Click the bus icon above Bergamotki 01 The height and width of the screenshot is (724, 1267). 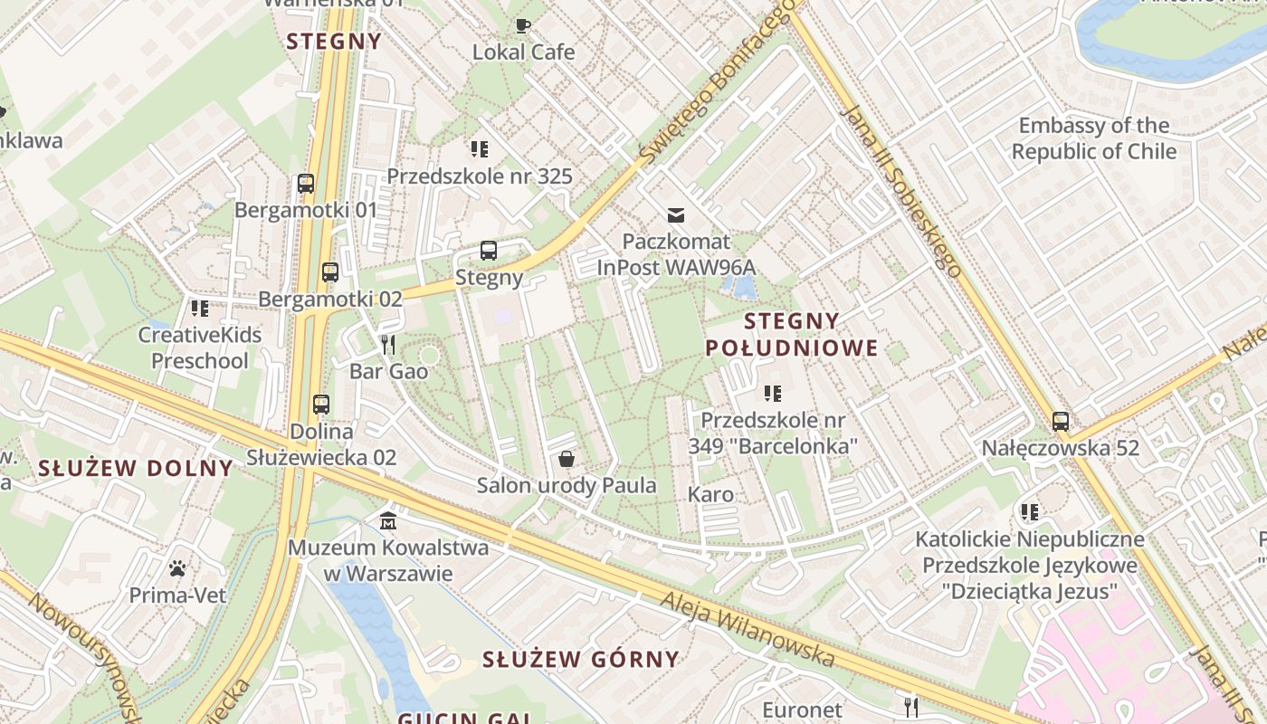coord(306,184)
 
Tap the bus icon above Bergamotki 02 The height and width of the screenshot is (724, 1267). coord(330,272)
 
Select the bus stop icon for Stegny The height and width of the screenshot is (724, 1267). coord(489,251)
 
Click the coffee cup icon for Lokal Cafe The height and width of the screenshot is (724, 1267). coord(523,25)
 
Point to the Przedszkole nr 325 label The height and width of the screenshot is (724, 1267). coord(480,176)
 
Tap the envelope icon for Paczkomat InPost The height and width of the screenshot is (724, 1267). coord(676,215)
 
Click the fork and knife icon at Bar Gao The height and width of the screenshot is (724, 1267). coord(389,345)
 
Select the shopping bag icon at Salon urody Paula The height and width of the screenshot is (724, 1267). coord(567,460)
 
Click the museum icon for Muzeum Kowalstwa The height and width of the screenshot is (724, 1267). coord(389,521)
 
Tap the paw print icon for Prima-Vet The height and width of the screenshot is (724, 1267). coord(177,569)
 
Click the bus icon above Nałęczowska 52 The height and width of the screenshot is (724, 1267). coord(1061,421)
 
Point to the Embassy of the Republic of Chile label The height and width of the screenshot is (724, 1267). coord(1094,138)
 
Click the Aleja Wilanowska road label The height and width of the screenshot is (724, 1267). coord(747,629)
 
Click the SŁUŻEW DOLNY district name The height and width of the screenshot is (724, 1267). coord(136,468)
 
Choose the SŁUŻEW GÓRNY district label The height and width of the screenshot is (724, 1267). coord(580,659)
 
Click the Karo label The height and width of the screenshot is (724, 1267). coord(710,494)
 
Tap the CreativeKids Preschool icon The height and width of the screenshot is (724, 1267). coord(200,309)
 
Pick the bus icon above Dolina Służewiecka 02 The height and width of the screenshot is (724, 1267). coord(321,405)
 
